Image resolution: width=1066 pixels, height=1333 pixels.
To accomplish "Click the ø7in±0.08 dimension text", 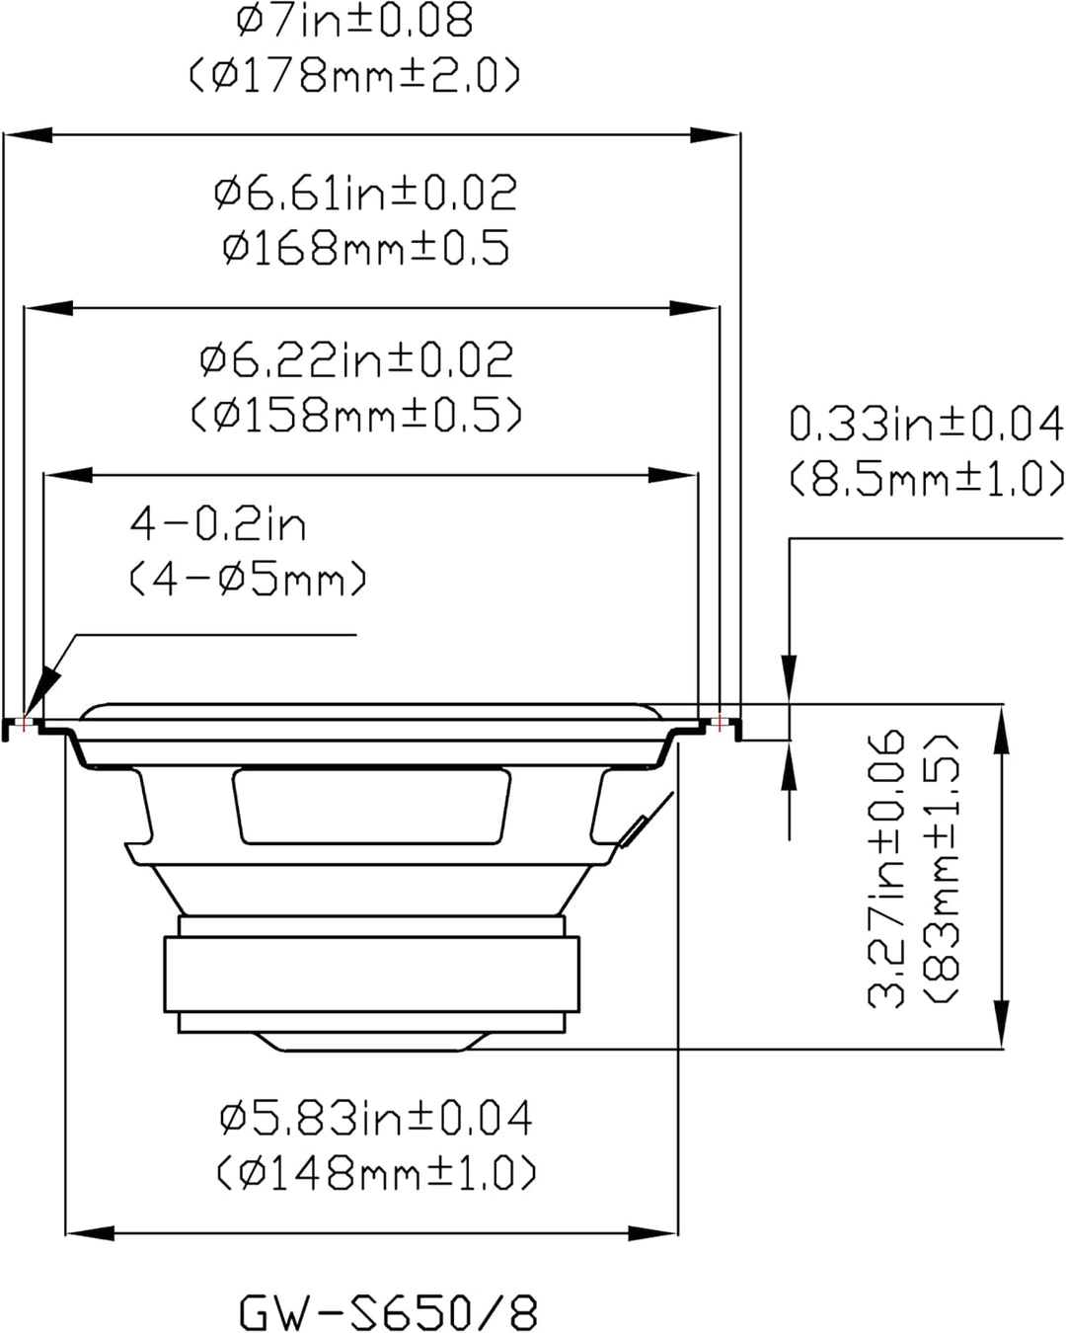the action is click(x=354, y=22).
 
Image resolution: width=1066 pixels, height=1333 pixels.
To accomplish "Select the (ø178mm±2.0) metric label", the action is click(x=354, y=76).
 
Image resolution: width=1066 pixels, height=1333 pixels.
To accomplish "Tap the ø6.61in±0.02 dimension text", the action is click(x=365, y=193).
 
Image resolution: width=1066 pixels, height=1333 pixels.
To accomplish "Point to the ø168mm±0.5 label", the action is click(x=365, y=247).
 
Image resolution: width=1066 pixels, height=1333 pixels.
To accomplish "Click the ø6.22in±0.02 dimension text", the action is click(x=356, y=359).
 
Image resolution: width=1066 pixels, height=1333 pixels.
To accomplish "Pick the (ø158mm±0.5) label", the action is click(x=356, y=415).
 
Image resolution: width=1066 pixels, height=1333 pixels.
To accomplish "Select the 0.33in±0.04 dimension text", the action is click(x=927, y=424).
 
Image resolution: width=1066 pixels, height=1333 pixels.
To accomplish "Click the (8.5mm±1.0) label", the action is click(x=927, y=479).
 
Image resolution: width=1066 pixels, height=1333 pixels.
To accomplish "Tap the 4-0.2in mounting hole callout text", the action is click(x=218, y=524).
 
